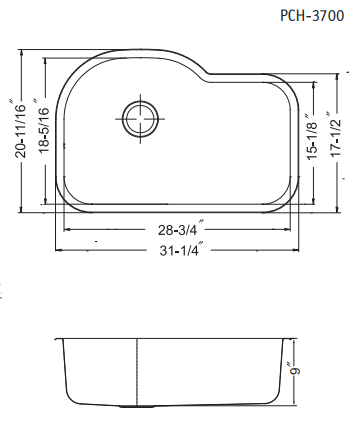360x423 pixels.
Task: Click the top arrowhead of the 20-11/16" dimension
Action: click(21, 48)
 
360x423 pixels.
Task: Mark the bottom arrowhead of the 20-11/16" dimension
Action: click(21, 211)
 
